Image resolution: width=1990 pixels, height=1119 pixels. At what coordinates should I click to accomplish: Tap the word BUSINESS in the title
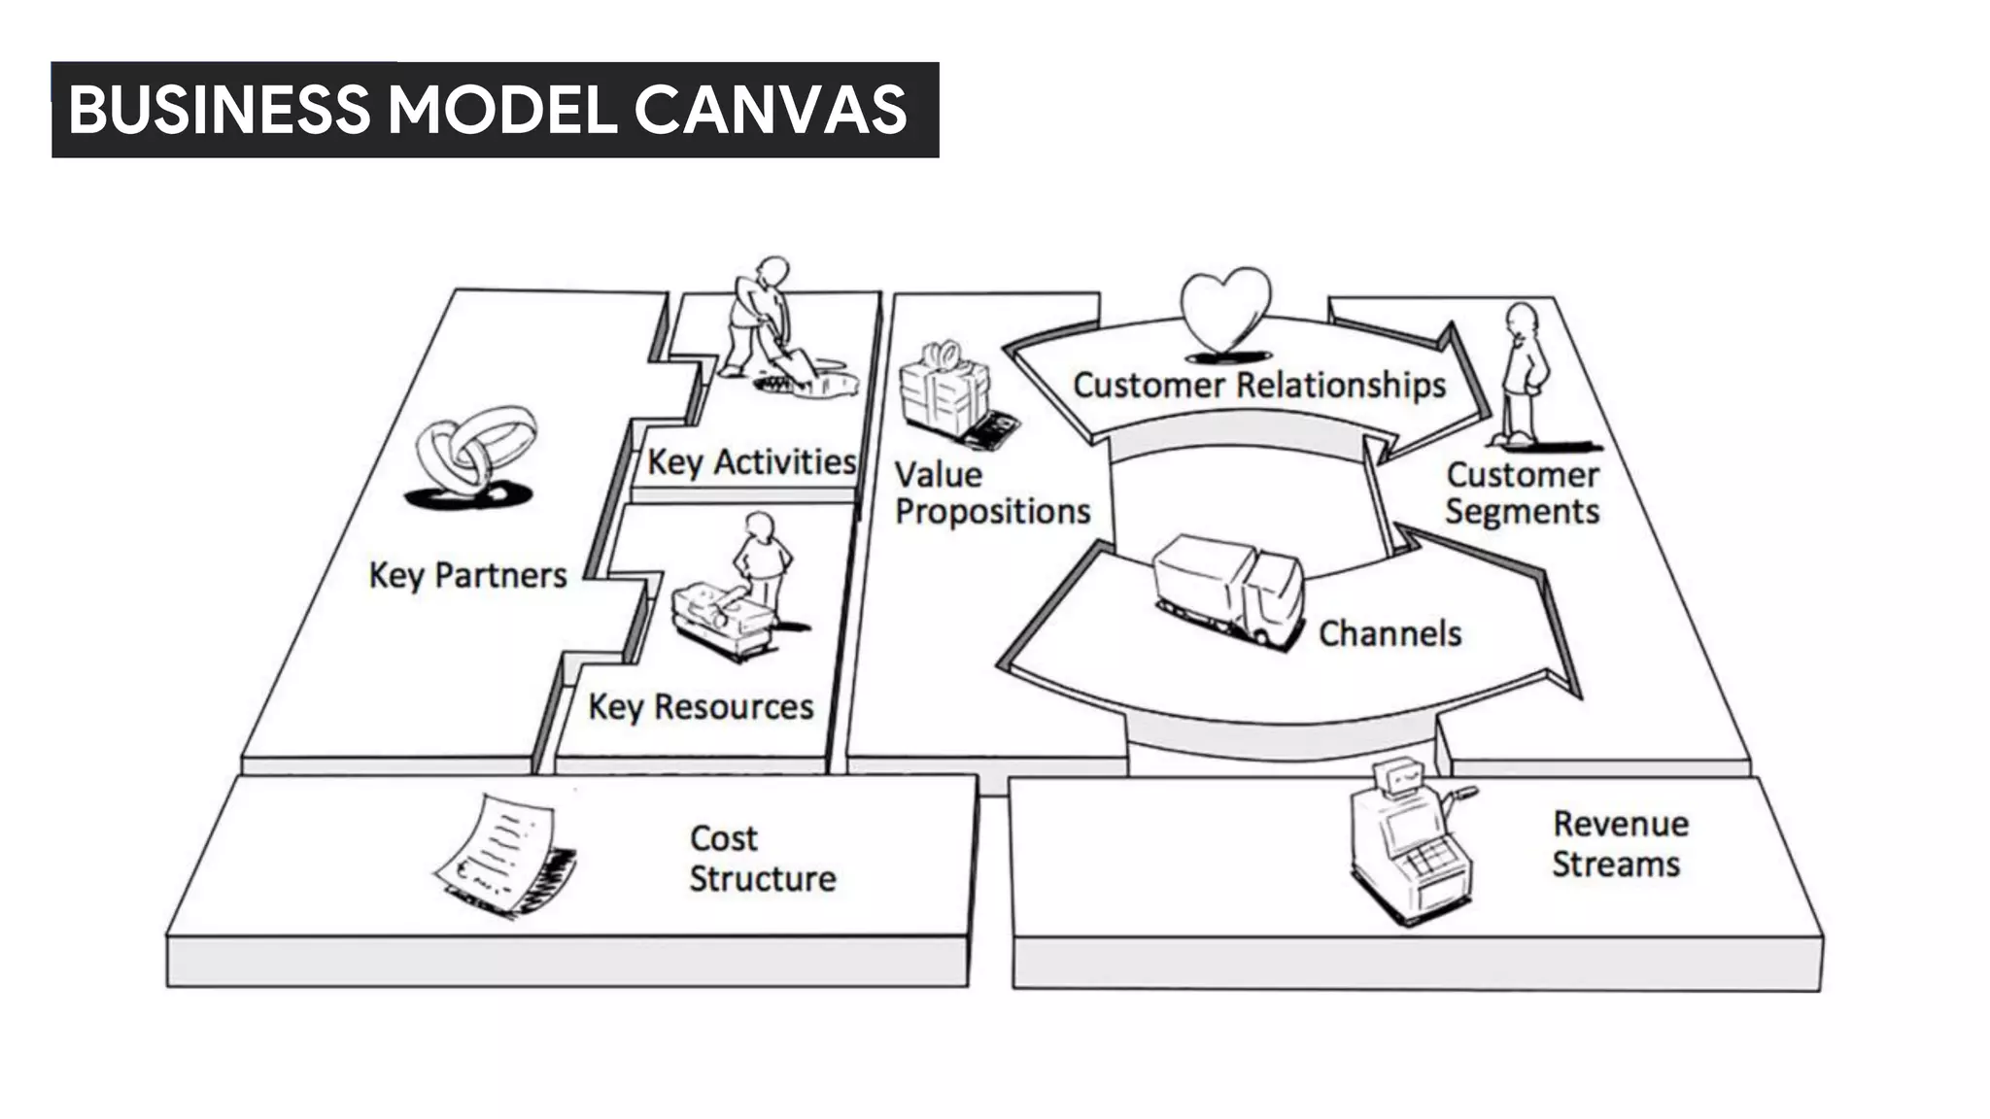point(220,109)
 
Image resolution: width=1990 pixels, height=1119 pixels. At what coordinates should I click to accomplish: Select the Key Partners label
point(467,575)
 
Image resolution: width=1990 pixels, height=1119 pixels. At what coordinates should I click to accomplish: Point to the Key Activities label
point(751,461)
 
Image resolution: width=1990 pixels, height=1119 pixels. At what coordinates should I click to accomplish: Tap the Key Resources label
point(701,706)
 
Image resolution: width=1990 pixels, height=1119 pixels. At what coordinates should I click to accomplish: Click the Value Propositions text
point(991,492)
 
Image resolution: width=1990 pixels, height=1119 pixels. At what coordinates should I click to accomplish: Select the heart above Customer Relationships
point(1225,309)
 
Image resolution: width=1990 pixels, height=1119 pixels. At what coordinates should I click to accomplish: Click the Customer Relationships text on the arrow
point(1259,385)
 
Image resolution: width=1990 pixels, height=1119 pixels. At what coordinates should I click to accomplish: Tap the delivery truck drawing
point(1228,587)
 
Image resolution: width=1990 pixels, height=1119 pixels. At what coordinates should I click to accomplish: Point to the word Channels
point(1390,633)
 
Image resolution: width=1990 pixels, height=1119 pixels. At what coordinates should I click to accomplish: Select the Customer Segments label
point(1522,492)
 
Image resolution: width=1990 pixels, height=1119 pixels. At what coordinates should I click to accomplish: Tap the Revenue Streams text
point(1619,843)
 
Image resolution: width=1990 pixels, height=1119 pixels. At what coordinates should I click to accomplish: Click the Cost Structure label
point(761,858)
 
